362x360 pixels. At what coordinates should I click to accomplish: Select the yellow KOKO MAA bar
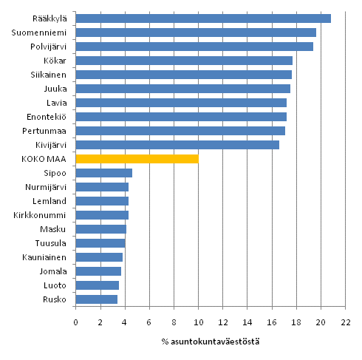pyautogui.click(x=137, y=159)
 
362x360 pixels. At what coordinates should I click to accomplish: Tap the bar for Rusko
pyautogui.click(x=97, y=299)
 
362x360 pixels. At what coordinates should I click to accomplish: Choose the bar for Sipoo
pyautogui.click(x=104, y=173)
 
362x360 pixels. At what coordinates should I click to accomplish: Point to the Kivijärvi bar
pyautogui.click(x=177, y=145)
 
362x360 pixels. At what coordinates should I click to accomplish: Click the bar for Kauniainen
pyautogui.click(x=99, y=257)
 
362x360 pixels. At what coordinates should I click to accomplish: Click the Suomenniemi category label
pyautogui.click(x=41, y=33)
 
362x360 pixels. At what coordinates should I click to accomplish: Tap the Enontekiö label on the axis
pyautogui.click(x=47, y=117)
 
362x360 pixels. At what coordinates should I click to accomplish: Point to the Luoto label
pyautogui.click(x=56, y=285)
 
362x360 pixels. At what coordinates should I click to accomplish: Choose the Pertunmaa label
pyautogui.click(x=46, y=131)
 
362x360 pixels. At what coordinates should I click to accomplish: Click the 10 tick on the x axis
pyautogui.click(x=198, y=322)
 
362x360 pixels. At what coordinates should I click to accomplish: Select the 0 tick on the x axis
pyautogui.click(x=75, y=322)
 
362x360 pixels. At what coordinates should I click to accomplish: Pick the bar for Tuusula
pyautogui.click(x=100, y=243)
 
